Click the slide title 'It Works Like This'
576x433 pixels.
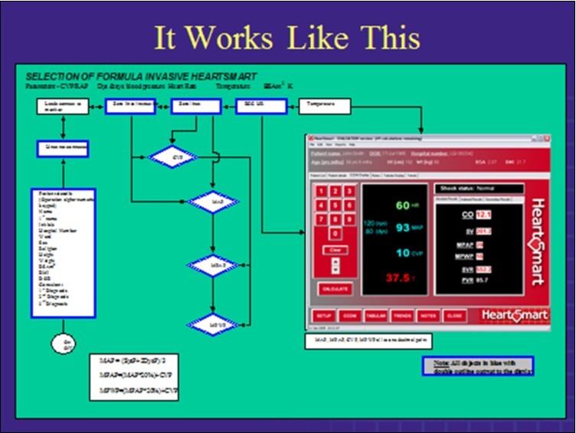(x=286, y=38)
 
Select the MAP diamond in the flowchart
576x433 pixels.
(x=214, y=202)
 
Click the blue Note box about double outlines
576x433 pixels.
(x=478, y=366)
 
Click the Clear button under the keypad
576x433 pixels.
(x=334, y=250)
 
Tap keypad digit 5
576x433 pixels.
(x=334, y=205)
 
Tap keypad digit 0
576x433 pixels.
(x=334, y=233)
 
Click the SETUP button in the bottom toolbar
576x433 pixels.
(x=325, y=314)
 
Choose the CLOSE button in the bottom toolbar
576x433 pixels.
(x=454, y=314)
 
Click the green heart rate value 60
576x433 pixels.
(x=403, y=205)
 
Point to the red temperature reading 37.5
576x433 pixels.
(x=400, y=277)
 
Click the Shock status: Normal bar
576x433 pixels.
(x=479, y=188)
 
